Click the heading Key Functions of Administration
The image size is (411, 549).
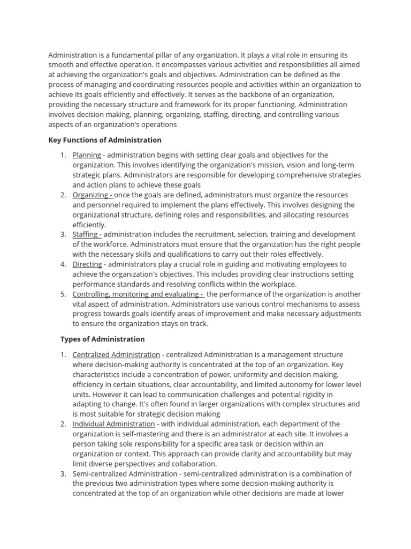(105, 140)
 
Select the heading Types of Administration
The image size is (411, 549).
(102, 339)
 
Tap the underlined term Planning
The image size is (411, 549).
(87, 155)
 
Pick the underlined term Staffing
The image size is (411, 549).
(86, 234)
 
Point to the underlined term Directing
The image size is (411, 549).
(87, 264)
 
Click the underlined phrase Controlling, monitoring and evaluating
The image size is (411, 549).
(136, 294)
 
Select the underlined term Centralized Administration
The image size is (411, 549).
(116, 354)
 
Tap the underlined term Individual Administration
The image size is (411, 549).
(113, 424)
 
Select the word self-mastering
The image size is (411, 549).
(140, 434)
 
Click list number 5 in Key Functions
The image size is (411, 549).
(63, 294)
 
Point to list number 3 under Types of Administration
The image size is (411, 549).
(63, 473)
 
